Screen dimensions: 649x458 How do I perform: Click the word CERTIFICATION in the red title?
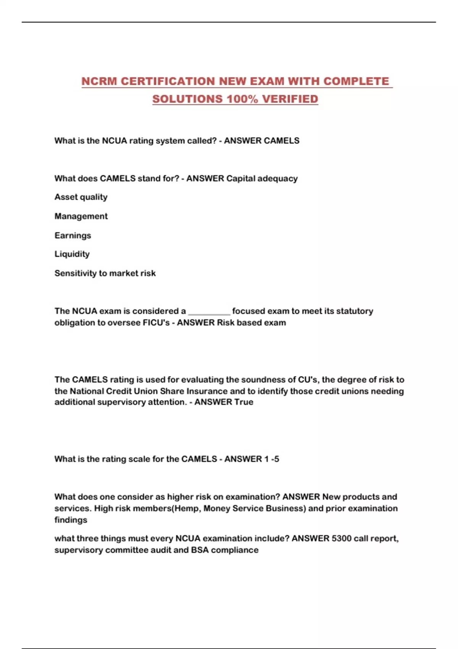[168, 81]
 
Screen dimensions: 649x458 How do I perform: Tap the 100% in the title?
[242, 99]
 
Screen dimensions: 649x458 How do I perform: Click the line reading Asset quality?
[81, 197]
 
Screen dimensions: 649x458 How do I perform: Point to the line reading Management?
[81, 216]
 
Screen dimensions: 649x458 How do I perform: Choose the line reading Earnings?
[73, 235]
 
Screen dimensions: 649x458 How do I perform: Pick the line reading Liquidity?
[72, 254]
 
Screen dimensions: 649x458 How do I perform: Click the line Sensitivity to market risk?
[105, 273]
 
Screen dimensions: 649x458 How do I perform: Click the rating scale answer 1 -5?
[271, 459]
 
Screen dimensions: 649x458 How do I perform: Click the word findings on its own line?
[71, 520]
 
